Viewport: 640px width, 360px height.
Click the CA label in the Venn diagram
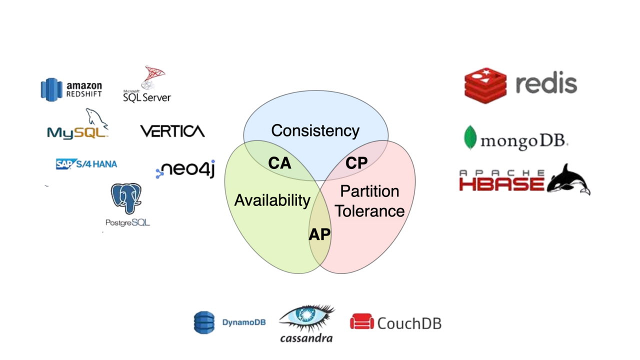(279, 163)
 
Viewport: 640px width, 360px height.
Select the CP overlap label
(356, 163)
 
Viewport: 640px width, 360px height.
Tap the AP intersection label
(320, 234)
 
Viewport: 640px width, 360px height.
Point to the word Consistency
(315, 131)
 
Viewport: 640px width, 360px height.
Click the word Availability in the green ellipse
(272, 200)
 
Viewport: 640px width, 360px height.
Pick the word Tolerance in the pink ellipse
(369, 211)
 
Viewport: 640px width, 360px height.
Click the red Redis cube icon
(485, 85)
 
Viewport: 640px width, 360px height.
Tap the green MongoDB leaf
(469, 138)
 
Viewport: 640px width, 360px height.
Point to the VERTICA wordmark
(172, 131)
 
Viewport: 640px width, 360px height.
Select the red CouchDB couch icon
(362, 322)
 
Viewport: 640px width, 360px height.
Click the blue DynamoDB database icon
(204, 322)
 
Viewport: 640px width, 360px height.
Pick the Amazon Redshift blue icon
(51, 89)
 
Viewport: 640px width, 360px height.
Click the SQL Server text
(146, 97)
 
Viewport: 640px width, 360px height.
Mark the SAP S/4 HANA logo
(86, 163)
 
